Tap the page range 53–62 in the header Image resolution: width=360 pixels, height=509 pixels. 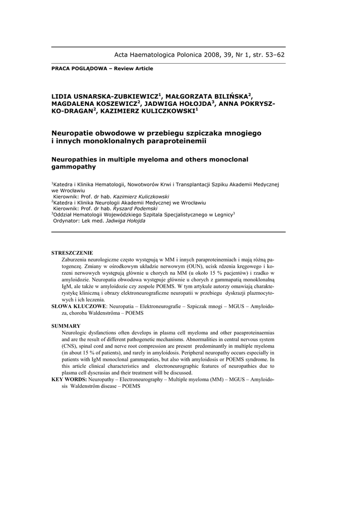pyautogui.click(x=273, y=55)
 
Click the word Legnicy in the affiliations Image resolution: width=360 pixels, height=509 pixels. pyautogui.click(x=220, y=215)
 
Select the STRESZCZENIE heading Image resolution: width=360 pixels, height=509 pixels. pyautogui.click(x=72, y=253)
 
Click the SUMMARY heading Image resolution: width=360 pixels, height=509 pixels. pyautogui.click(x=66, y=326)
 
